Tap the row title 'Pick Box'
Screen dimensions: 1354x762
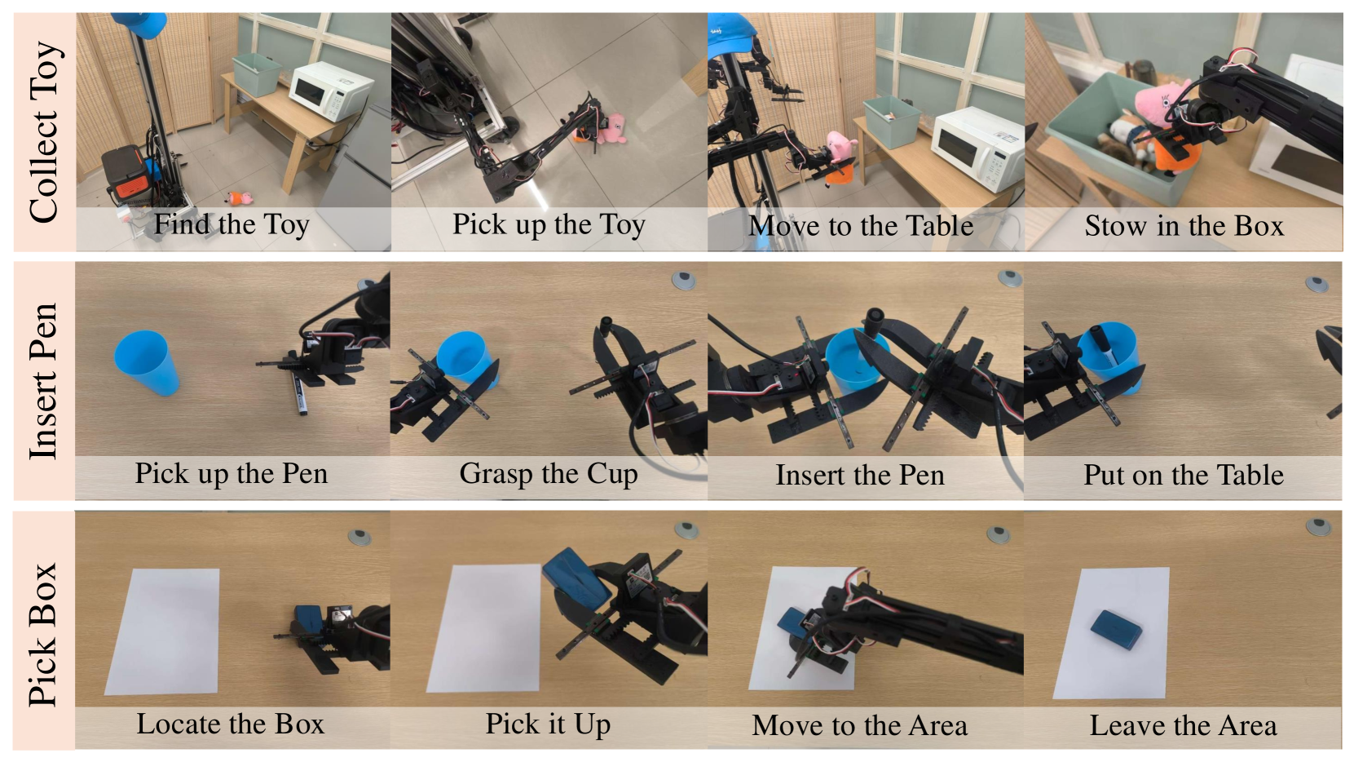coord(43,635)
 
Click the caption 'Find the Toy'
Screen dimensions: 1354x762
coord(232,224)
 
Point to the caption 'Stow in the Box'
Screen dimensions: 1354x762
coord(1184,226)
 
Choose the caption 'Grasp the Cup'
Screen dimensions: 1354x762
coord(549,474)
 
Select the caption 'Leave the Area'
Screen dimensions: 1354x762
coord(1183,725)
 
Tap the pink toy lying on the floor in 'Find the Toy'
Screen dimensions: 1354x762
coord(240,197)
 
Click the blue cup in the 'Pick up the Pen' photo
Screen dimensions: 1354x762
coord(146,362)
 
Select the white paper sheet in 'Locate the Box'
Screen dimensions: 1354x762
coord(162,631)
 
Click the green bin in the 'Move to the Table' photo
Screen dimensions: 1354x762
coord(892,122)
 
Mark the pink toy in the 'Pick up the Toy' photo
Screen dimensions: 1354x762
coord(610,129)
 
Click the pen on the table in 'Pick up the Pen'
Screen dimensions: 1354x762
coord(298,394)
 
